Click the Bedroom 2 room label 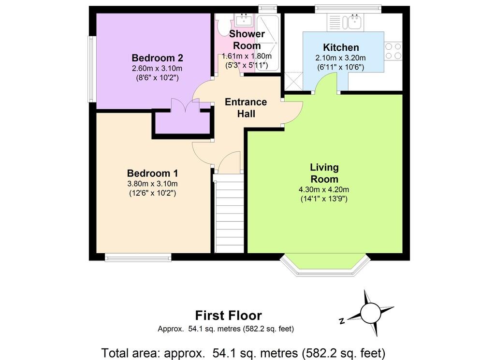point(157,58)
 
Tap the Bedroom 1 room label point(152,173)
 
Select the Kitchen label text point(341,48)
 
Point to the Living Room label point(324,173)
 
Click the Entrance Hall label point(246,108)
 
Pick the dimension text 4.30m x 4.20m point(324,189)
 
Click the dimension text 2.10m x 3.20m point(341,58)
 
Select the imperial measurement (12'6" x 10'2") point(152,193)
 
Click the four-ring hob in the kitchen point(393,51)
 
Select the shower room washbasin point(243,20)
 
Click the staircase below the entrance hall point(229,213)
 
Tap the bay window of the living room point(325,264)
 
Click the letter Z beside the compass point(342,321)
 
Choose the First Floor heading point(229,316)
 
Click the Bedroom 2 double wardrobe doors point(186,105)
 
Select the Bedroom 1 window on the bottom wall point(138,258)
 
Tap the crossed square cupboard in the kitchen point(293,82)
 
